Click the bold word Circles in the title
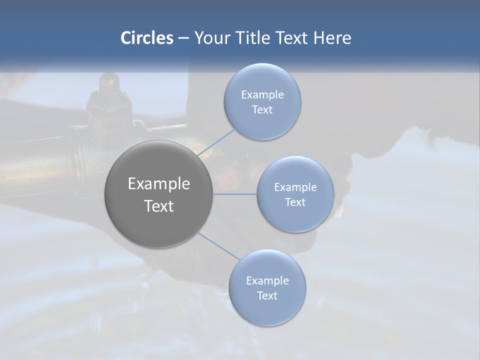[x=146, y=38]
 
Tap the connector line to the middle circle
[x=235, y=194]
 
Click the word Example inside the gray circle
[x=159, y=184]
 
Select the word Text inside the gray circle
[x=159, y=206]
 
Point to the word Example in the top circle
[x=262, y=95]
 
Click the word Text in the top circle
[x=262, y=110]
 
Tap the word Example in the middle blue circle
[x=295, y=187]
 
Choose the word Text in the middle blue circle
[x=295, y=202]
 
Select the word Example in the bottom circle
[x=267, y=281]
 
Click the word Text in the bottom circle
[x=267, y=296]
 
